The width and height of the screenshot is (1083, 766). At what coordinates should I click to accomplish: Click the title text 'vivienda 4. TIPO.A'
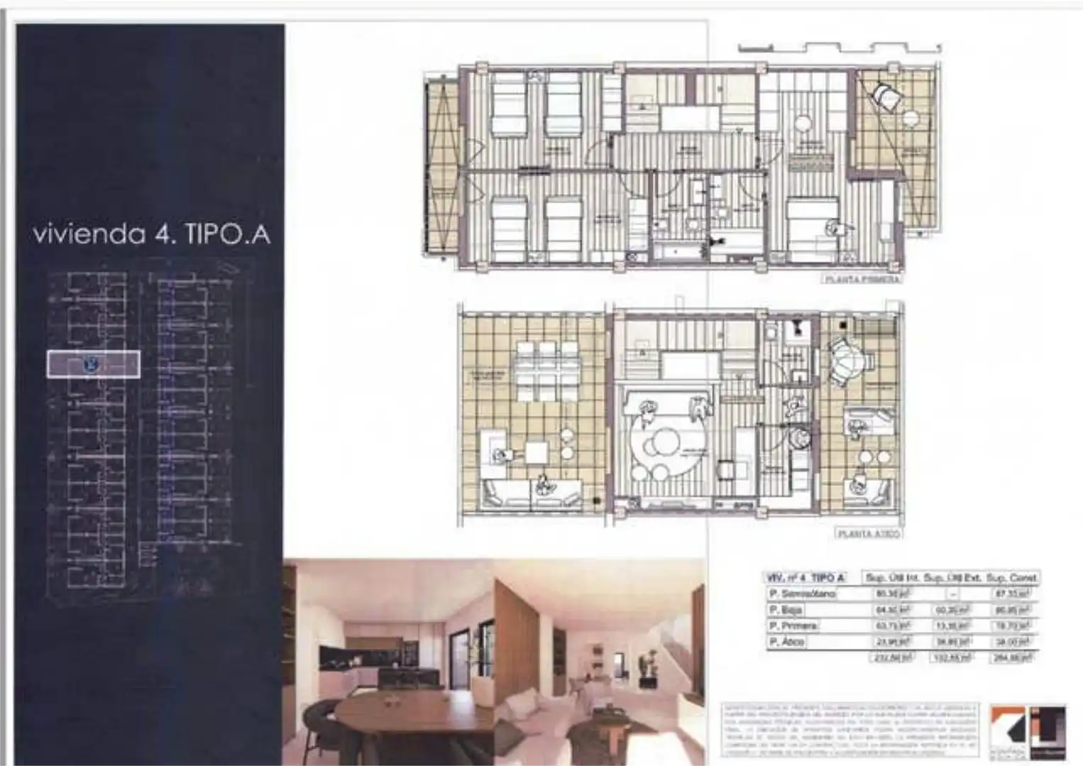point(151,234)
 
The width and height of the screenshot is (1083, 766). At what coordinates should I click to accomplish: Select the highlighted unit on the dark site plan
point(93,365)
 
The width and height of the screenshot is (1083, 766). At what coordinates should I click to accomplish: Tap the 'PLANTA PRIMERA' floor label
point(862,279)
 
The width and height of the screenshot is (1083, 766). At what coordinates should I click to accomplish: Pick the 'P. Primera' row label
point(793,626)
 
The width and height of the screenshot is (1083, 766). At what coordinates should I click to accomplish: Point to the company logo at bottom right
point(1028,731)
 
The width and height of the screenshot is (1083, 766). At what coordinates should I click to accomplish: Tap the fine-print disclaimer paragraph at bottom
point(850,731)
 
